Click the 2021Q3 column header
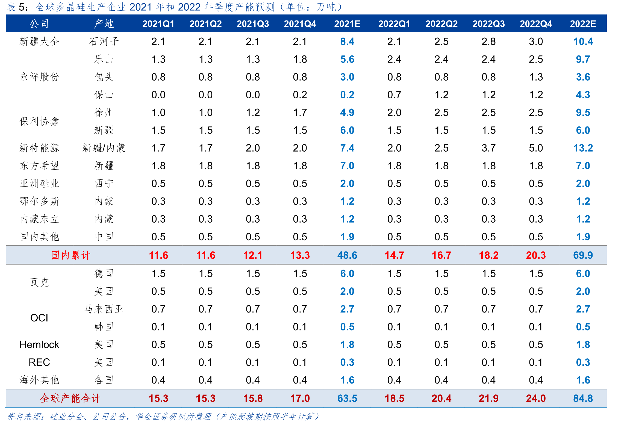[253, 24]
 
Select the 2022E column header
[583, 24]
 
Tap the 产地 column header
[104, 24]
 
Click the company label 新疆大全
[39, 42]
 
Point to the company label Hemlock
[39, 344]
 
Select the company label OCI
[39, 318]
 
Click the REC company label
[39, 362]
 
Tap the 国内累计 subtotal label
[70, 255]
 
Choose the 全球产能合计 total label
[70, 398]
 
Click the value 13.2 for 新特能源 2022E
[583, 148]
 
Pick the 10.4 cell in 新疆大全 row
[583, 42]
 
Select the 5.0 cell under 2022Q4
[536, 148]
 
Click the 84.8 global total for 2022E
[583, 398]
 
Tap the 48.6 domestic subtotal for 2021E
[347, 255]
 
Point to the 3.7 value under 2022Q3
[488, 148]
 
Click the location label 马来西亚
[104, 309]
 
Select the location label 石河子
[104, 42]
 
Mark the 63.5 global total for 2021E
[347, 398]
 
